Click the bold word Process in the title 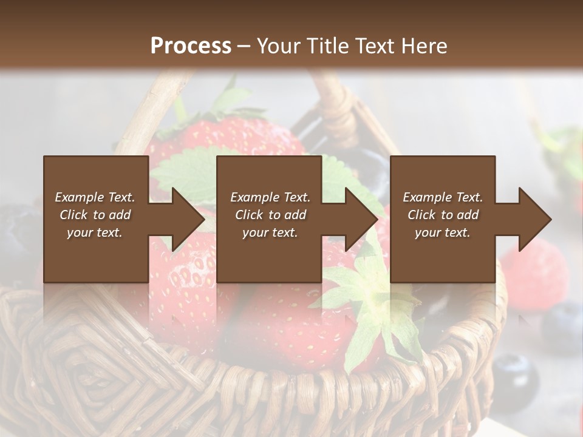(x=191, y=46)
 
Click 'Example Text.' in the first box (x=95, y=197)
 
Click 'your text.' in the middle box (x=270, y=232)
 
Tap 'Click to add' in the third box (x=443, y=215)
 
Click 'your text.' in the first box (x=95, y=232)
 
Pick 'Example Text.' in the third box (x=443, y=197)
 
